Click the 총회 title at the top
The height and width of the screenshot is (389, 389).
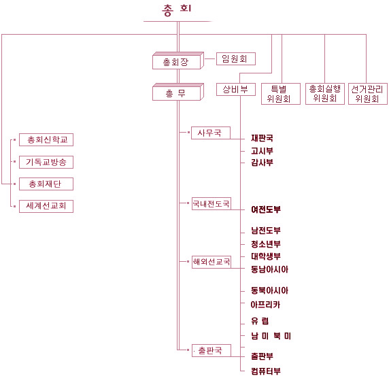pyautogui.click(x=177, y=10)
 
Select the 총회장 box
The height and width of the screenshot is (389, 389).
pyautogui.click(x=178, y=61)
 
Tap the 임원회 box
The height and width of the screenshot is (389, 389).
pyautogui.click(x=236, y=58)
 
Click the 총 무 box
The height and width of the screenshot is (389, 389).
pyautogui.click(x=178, y=92)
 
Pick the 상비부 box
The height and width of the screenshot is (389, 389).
pyautogui.click(x=236, y=89)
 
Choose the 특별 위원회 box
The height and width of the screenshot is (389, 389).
pyautogui.click(x=281, y=94)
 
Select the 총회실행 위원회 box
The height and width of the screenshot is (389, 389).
pyautogui.click(x=325, y=94)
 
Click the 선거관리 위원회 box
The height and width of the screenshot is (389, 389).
pyautogui.click(x=368, y=94)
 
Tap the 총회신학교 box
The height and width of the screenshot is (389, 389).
pyautogui.click(x=46, y=139)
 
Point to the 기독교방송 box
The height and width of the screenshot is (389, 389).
pyautogui.click(x=46, y=162)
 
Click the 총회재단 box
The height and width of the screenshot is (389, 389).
pyautogui.click(x=46, y=184)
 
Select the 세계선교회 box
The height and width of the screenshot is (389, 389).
pyautogui.click(x=46, y=206)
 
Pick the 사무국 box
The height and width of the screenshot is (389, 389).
pyautogui.click(x=211, y=133)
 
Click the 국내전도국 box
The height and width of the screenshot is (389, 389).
pyautogui.click(x=212, y=203)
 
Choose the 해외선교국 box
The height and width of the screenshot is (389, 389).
pyautogui.click(x=212, y=262)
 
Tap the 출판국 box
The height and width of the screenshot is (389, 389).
pyautogui.click(x=212, y=350)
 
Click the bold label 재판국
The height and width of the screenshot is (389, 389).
pyautogui.click(x=262, y=138)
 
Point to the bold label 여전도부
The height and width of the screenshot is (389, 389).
pyautogui.click(x=266, y=209)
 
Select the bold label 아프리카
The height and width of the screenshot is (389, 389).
pyautogui.click(x=265, y=305)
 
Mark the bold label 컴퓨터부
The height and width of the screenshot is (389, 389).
pyautogui.click(x=266, y=371)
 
